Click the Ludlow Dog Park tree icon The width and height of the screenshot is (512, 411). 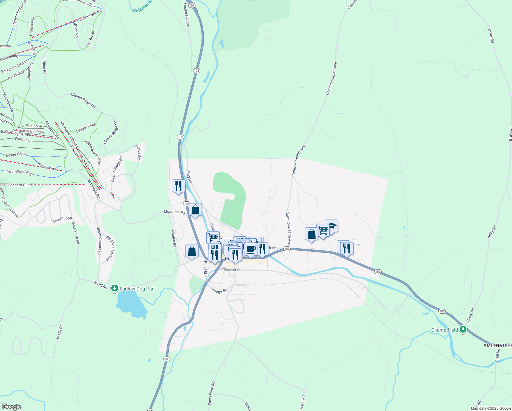[115, 289]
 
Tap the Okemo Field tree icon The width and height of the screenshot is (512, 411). [463, 329]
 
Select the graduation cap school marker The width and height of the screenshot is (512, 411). [331, 226]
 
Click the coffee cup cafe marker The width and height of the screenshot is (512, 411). [251, 249]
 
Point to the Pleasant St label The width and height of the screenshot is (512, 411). [231, 270]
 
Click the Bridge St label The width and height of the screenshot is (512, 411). [219, 290]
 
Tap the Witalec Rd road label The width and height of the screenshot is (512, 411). [173, 238]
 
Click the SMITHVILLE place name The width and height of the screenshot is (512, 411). [497, 346]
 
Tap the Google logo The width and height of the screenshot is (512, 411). [11, 407]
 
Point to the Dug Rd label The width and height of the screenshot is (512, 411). [189, 177]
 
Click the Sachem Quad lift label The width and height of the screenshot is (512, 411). [20, 185]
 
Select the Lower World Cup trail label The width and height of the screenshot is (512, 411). [18, 172]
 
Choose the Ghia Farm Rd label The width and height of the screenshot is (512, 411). [76, 233]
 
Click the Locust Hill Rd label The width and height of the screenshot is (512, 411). [187, 14]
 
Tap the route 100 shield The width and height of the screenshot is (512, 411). [167, 359]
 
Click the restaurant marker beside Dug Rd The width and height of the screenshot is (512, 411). [178, 186]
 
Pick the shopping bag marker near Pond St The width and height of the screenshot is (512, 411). [192, 251]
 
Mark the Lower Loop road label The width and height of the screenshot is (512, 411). [63, 219]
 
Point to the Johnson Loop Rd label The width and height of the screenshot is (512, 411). [110, 248]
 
